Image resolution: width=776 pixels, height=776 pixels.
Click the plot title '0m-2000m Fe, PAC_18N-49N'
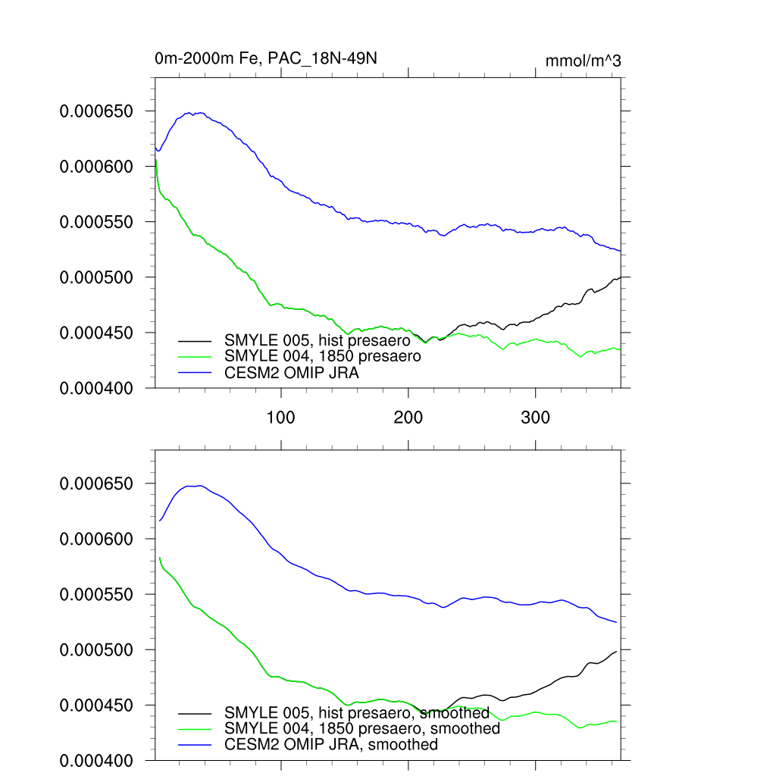tap(265, 58)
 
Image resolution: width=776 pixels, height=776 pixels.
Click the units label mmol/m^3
tap(583, 61)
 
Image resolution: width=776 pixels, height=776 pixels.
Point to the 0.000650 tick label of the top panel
tap(96, 111)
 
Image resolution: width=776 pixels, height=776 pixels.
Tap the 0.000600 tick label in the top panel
tap(96, 167)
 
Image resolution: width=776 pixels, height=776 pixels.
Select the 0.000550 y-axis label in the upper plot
tap(96, 222)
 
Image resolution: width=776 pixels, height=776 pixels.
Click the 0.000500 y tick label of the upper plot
tap(96, 277)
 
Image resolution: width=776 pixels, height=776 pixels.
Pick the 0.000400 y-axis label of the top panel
tap(96, 388)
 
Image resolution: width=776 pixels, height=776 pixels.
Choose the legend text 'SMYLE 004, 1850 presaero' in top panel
tap(321, 355)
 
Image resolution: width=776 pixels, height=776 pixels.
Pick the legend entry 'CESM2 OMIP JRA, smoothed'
tap(331, 744)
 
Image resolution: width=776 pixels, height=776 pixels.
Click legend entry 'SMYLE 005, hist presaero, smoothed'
tap(356, 713)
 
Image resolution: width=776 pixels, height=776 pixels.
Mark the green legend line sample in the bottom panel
tap(195, 729)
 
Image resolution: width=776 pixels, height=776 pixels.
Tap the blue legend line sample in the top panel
tap(195, 372)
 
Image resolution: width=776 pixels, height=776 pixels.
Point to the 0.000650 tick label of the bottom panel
tap(96, 483)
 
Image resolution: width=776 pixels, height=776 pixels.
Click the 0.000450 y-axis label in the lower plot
tap(96, 706)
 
